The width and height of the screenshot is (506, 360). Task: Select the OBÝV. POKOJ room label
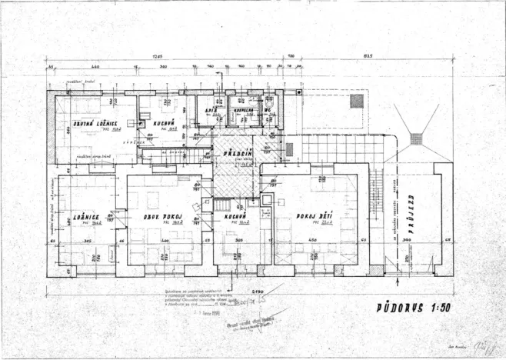[x=161, y=216]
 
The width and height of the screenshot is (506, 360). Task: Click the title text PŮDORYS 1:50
[x=407, y=308]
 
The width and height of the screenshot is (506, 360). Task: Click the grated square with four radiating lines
[x=416, y=138]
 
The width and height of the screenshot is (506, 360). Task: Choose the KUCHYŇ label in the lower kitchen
[x=235, y=217]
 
